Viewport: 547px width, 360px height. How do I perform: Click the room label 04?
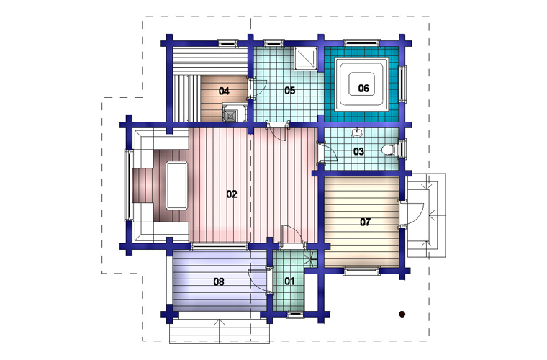point(224,91)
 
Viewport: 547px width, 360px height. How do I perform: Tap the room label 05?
point(290,91)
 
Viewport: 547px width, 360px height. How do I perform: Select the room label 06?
point(363,89)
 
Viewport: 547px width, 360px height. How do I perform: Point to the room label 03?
point(358,151)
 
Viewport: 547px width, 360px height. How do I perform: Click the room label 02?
point(232,194)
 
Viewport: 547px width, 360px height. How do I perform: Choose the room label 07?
point(365,222)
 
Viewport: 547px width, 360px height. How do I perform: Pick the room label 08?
point(219,282)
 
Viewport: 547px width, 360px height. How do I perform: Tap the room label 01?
point(289,282)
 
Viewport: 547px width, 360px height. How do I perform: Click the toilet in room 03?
point(389,150)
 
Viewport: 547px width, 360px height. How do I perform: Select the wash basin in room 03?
point(357,132)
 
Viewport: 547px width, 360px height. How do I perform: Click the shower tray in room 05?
point(307,58)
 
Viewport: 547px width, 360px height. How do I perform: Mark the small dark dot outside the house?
point(402,315)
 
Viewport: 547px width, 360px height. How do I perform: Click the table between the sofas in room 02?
point(177,185)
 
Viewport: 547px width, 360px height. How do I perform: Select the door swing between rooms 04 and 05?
point(259,88)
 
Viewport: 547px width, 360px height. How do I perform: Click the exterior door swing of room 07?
point(413,214)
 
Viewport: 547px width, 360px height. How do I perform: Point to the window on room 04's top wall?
point(228,43)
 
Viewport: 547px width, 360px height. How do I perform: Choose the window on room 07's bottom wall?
point(361,270)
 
